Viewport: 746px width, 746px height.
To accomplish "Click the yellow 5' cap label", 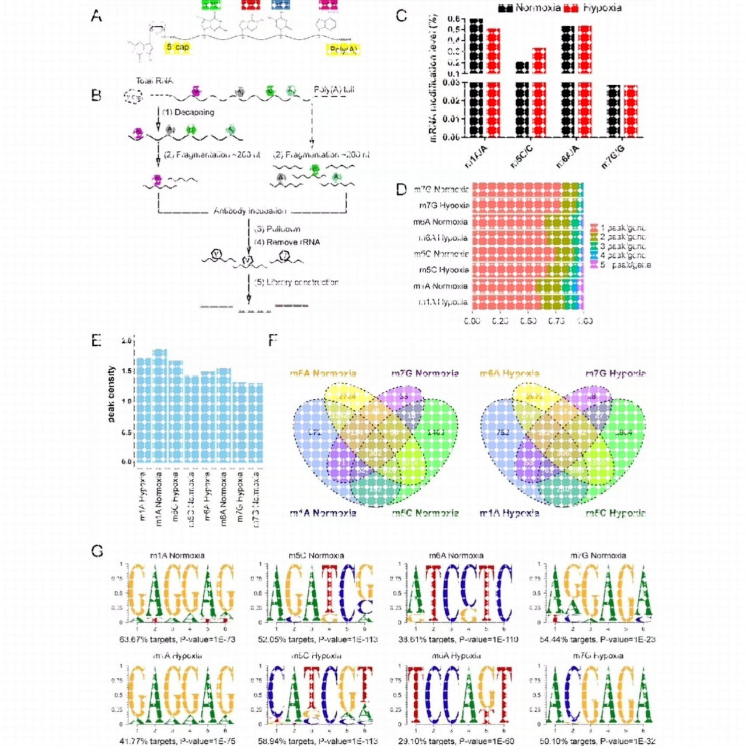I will pyautogui.click(x=177, y=47).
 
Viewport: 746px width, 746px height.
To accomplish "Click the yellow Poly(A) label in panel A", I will pyautogui.click(x=343, y=49).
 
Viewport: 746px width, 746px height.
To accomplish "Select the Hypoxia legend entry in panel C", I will pyautogui.click(x=593, y=8).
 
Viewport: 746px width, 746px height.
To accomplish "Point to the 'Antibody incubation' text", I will pyautogui.click(x=250, y=211).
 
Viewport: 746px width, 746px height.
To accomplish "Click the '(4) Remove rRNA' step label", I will pyautogui.click(x=287, y=242).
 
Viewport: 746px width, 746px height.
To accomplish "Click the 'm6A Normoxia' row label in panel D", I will pyautogui.click(x=440, y=222).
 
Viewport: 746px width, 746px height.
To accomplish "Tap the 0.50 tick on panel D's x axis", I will pyautogui.click(x=528, y=321).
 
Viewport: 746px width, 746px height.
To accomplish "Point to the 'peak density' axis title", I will pyautogui.click(x=111, y=394).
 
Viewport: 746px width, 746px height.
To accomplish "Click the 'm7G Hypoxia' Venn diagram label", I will pyautogui.click(x=615, y=373).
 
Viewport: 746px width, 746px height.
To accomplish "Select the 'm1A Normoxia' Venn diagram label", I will pyautogui.click(x=323, y=513).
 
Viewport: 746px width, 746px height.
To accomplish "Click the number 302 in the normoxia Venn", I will pyautogui.click(x=375, y=453).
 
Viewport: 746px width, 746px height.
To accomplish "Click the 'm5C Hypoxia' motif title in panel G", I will pyautogui.click(x=316, y=656).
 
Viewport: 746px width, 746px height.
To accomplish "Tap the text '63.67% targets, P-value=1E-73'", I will pyautogui.click(x=178, y=639).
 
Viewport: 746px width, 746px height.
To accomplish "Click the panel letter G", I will pyautogui.click(x=97, y=551).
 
